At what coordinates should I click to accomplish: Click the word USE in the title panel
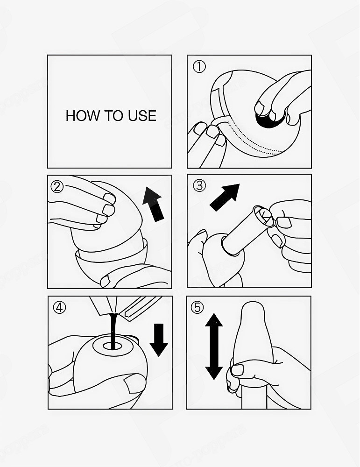142,116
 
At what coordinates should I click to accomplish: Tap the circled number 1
199,67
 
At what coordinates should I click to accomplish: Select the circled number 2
57,187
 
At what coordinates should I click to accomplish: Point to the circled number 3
199,185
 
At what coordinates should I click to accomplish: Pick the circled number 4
59,307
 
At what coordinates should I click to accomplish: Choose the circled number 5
198,307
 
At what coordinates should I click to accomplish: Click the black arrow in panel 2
154,205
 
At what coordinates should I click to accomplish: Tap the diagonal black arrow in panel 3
225,198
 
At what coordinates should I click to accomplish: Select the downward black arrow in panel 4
159,340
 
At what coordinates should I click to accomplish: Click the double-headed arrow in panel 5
214,347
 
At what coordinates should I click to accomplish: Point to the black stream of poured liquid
113,331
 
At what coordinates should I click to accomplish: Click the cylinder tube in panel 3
245,232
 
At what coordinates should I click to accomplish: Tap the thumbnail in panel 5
237,370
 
